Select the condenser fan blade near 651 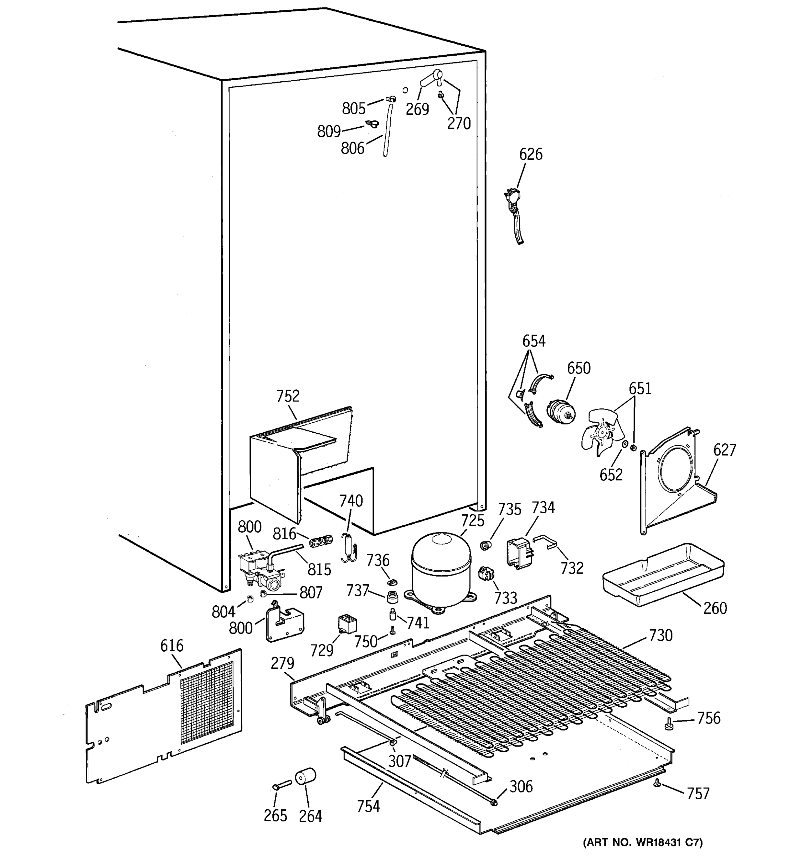601,432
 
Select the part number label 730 660,636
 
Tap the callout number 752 288,396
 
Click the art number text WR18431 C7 642,841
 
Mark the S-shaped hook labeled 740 349,547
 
